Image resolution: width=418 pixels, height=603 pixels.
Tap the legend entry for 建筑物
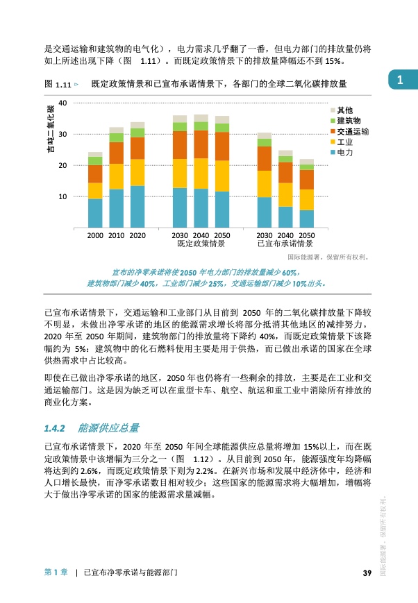(x=345, y=121)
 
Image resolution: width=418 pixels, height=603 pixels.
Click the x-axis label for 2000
(x=96, y=236)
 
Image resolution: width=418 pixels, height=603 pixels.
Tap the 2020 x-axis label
(x=137, y=236)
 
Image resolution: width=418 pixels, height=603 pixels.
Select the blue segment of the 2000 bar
(x=95, y=213)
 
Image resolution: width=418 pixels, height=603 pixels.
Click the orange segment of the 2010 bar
(x=116, y=153)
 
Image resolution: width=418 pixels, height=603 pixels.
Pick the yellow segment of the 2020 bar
(x=137, y=172)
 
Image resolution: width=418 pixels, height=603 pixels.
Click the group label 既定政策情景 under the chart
(x=201, y=244)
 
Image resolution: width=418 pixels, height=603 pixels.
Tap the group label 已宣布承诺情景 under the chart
(x=285, y=244)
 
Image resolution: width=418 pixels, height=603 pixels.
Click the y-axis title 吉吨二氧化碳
(x=50, y=135)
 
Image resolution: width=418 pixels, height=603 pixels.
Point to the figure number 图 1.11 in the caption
(x=58, y=84)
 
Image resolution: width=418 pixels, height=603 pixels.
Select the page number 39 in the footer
(x=368, y=572)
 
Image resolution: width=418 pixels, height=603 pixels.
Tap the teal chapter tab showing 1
(x=402, y=80)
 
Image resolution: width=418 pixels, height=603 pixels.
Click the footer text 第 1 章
(x=56, y=572)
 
